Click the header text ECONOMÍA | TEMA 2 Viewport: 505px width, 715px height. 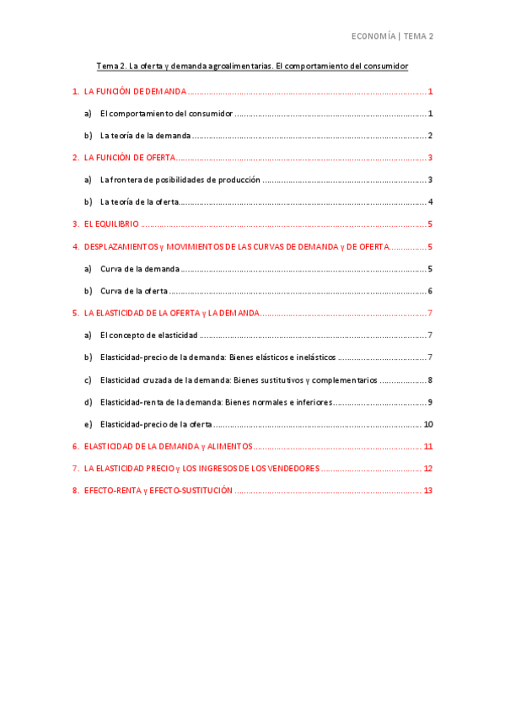pos(392,36)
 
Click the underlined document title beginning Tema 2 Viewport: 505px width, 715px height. pos(252,66)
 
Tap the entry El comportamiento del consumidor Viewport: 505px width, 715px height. pos(165,113)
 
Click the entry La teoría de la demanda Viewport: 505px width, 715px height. pos(145,135)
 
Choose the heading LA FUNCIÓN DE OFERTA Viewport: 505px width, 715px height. pos(130,158)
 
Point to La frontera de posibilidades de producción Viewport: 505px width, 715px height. pos(180,180)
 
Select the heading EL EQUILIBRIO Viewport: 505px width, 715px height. pos(111,224)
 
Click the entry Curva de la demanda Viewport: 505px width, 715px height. pos(139,268)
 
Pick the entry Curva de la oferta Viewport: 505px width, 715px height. pos(133,291)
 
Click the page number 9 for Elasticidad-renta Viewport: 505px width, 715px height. pos(429,402)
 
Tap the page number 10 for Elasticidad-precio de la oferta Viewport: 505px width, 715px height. pos(427,424)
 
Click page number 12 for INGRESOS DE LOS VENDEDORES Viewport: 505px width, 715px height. pos(427,469)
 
